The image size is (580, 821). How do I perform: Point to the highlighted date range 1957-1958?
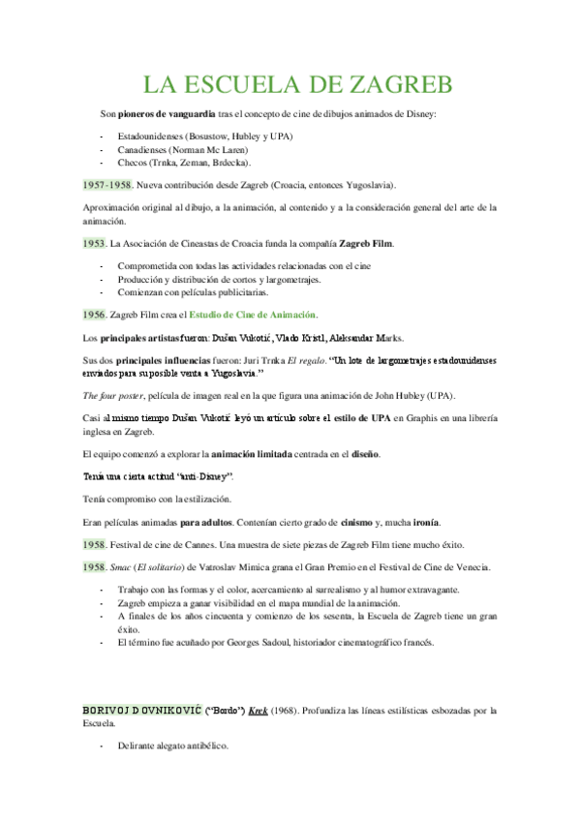click(107, 184)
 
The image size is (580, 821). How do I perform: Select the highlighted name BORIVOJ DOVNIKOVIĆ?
click(141, 710)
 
